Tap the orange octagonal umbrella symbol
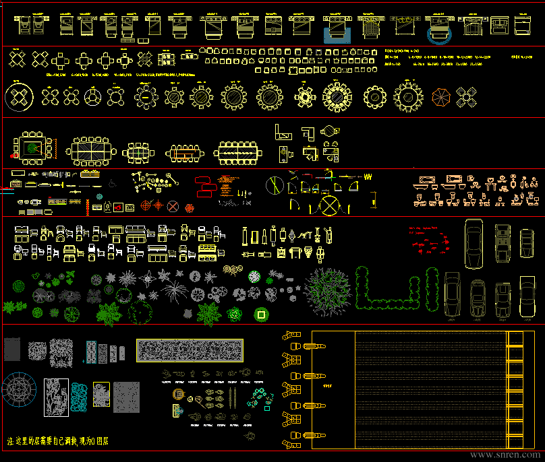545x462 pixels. [x=441, y=98]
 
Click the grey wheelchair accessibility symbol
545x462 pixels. [x=112, y=182]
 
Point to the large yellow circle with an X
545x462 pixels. [x=331, y=205]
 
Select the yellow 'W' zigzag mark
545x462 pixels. [x=368, y=176]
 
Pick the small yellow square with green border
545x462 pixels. [x=260, y=314]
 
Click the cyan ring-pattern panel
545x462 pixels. [x=80, y=397]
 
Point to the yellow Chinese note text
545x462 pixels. [x=57, y=442]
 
